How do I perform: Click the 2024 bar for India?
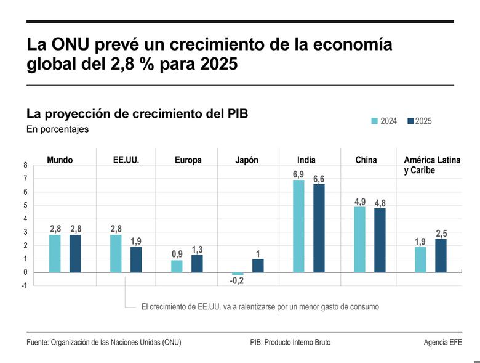(298, 226)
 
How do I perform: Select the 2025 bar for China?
(380, 240)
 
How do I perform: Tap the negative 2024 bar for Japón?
(238, 274)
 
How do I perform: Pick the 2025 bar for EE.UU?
(136, 259)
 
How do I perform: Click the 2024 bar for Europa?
(177, 266)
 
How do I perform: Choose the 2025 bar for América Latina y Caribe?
(441, 255)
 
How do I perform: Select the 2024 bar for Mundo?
(55, 253)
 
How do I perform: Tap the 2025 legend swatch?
(410, 121)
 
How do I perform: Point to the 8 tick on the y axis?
(25, 165)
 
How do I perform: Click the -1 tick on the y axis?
(24, 286)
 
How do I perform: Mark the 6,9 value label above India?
(298, 174)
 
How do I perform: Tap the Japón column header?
(247, 160)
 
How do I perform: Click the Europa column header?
(188, 160)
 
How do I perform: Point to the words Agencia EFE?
(442, 342)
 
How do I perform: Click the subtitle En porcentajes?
(57, 129)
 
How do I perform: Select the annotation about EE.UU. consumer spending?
(260, 306)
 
